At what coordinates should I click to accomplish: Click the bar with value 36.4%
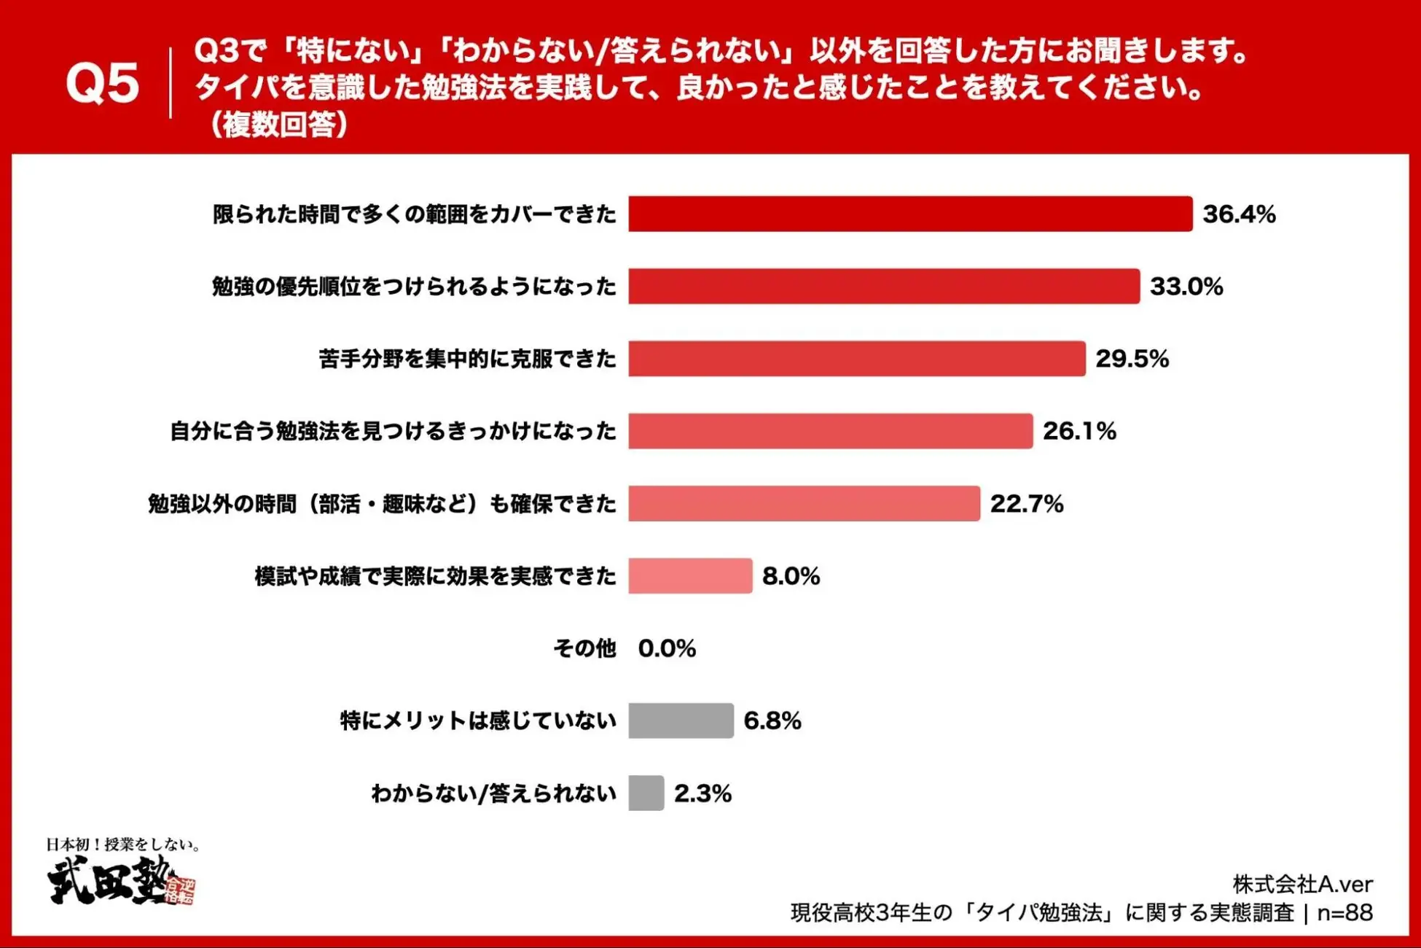point(910,214)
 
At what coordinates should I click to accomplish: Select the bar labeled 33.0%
point(884,286)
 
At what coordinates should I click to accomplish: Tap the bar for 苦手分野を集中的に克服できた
point(857,358)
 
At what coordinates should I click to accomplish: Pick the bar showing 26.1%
point(831,430)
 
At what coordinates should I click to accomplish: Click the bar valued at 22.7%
point(804,503)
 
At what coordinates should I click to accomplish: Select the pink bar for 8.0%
point(690,575)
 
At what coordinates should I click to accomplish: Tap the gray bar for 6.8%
point(681,720)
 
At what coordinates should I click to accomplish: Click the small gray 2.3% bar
point(646,793)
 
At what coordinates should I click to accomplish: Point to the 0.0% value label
point(667,648)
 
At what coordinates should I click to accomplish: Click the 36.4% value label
point(1239,214)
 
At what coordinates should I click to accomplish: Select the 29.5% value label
point(1132,358)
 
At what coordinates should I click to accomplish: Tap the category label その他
point(584,648)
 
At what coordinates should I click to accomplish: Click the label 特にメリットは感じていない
point(478,720)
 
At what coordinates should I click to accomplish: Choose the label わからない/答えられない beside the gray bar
point(493,793)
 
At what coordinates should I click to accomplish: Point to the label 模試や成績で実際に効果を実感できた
point(435,575)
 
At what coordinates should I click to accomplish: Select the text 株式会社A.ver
point(1302,884)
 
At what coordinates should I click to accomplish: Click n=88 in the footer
point(1344,912)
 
